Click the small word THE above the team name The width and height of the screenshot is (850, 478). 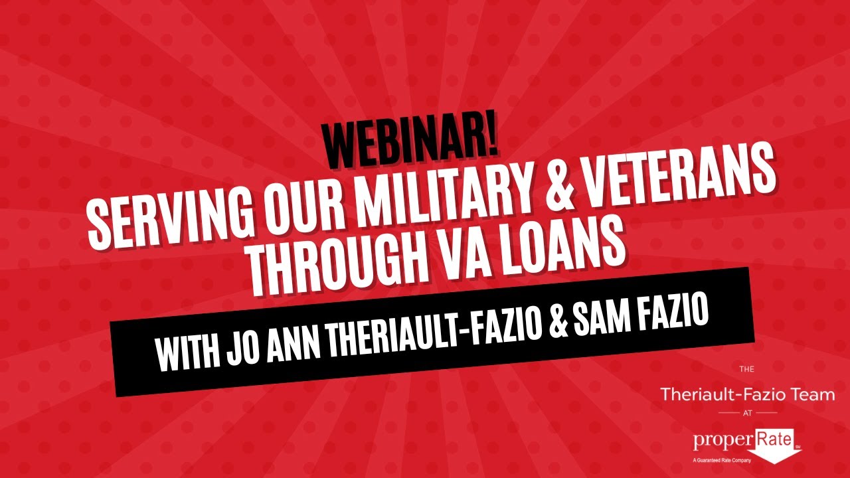pos(746,368)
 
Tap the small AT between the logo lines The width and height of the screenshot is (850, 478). pos(747,412)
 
